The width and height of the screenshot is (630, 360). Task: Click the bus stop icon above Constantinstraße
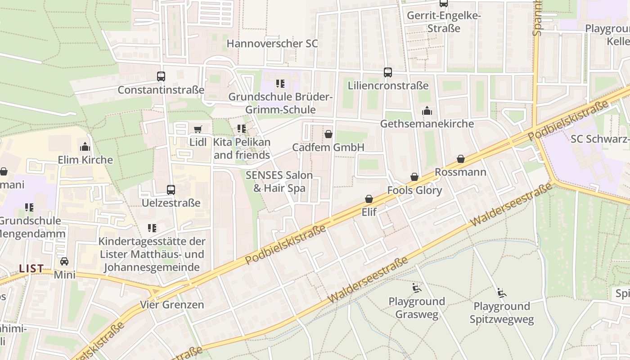point(161,76)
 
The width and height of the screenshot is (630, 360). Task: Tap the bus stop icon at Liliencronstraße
point(387,72)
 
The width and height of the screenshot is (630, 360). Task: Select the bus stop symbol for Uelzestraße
point(171,189)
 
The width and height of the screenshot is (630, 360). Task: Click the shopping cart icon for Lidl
point(198,129)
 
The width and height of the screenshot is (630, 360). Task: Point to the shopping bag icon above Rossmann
point(460,159)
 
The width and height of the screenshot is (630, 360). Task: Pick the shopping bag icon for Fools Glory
point(414,177)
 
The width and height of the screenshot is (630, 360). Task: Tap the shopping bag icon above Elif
point(369,198)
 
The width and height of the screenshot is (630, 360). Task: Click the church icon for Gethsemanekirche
point(427,110)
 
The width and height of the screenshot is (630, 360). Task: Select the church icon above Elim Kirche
point(85,147)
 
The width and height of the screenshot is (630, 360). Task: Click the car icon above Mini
point(64,261)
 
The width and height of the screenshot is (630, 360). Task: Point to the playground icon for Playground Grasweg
point(416,288)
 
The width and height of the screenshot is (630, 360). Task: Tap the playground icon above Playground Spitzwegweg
point(502,292)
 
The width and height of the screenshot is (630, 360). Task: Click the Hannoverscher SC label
point(272,44)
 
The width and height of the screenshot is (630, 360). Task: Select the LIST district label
point(31,269)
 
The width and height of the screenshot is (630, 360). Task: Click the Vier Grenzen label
point(172,305)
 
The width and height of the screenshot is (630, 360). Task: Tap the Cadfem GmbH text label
point(328,147)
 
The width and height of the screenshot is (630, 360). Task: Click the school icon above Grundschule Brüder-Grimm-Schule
point(280,84)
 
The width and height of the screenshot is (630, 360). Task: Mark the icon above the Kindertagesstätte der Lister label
point(152,228)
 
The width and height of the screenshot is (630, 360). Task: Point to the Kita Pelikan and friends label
point(242,148)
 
